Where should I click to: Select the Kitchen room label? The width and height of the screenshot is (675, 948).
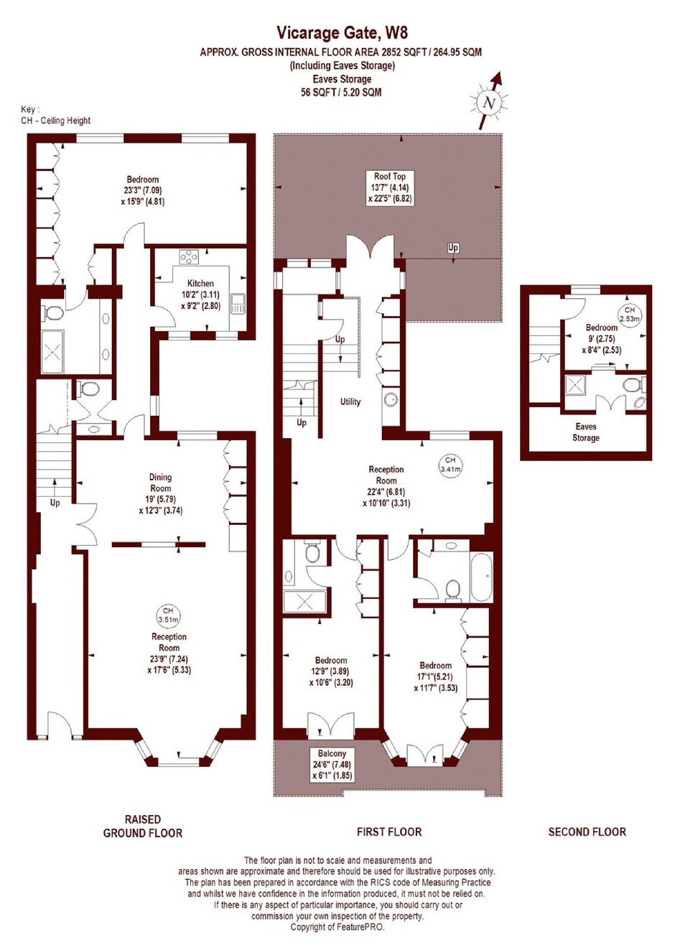(x=201, y=283)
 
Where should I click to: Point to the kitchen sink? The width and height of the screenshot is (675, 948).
(x=238, y=305)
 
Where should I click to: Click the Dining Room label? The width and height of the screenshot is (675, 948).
(x=160, y=483)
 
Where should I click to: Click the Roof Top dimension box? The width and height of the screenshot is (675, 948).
(x=389, y=187)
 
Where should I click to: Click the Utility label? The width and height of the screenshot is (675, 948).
(x=350, y=401)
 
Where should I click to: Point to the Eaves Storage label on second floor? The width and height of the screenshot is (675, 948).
(x=586, y=432)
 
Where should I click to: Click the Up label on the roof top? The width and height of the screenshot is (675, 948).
(x=453, y=248)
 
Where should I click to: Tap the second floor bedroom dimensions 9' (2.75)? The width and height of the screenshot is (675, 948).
(x=600, y=338)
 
